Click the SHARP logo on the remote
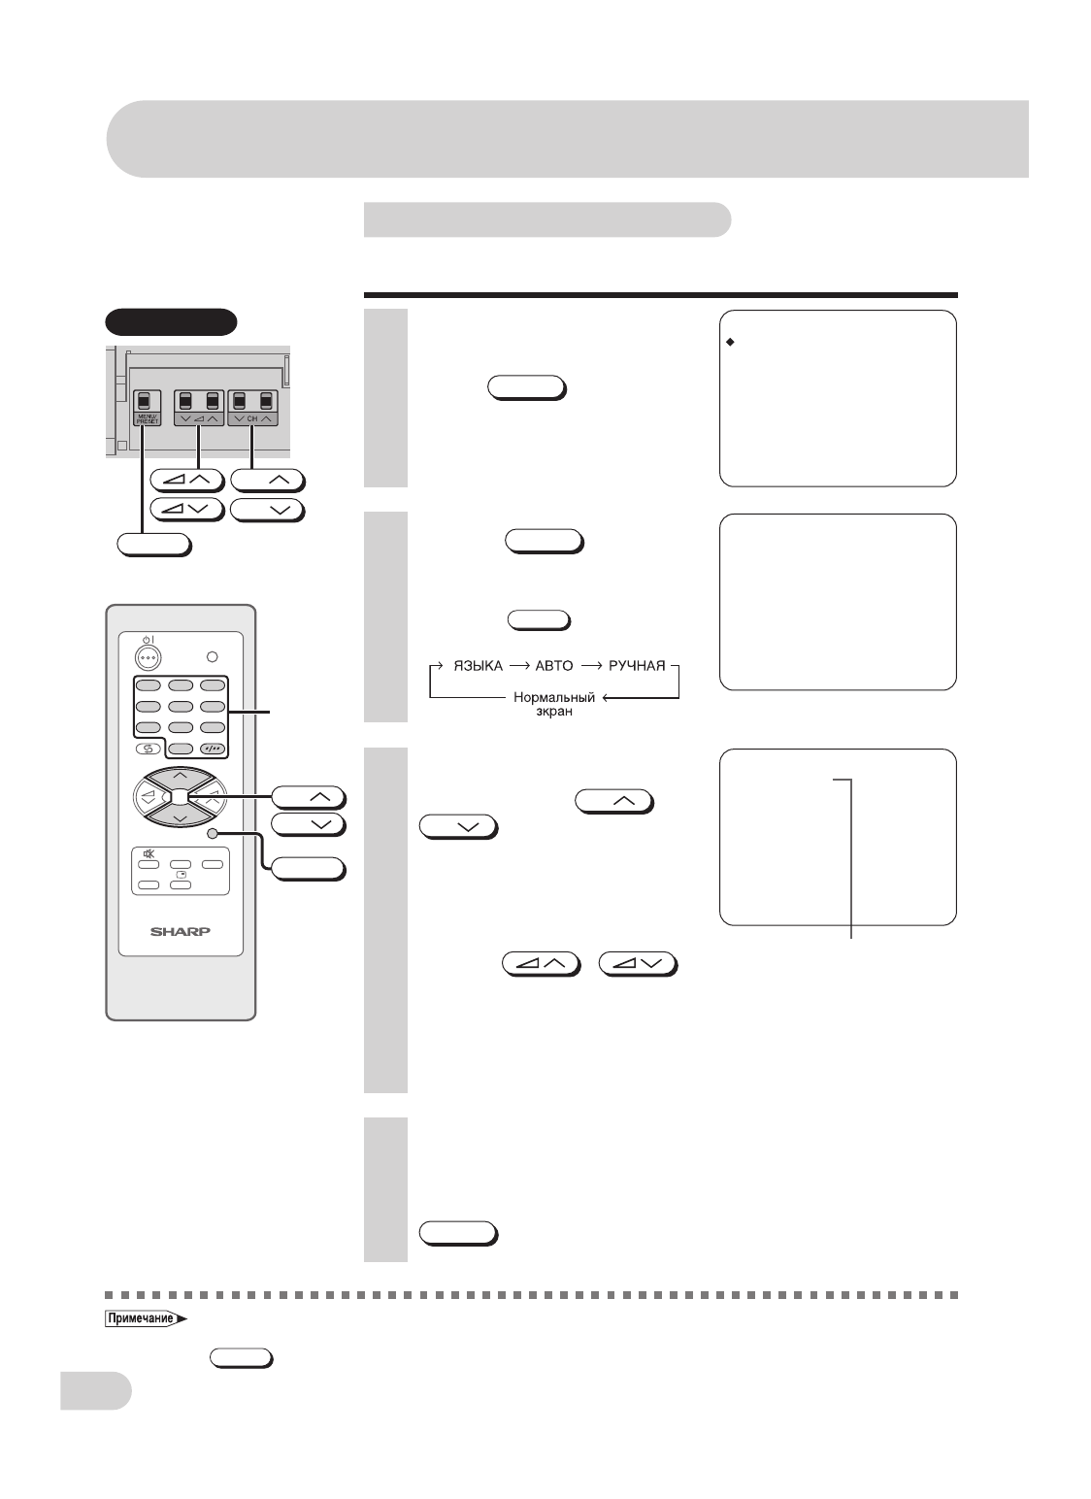coord(180,930)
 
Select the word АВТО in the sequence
coord(551,667)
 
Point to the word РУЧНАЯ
coord(637,667)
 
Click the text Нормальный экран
coord(555,702)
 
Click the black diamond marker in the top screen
coord(730,343)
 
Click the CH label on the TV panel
coord(251,418)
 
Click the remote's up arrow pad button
coord(180,776)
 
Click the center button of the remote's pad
coord(181,797)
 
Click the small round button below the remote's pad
coord(212,833)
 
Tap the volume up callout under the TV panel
coord(188,479)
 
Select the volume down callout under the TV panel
coord(188,509)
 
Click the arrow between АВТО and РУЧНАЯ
coord(592,667)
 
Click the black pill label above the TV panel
coord(171,320)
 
